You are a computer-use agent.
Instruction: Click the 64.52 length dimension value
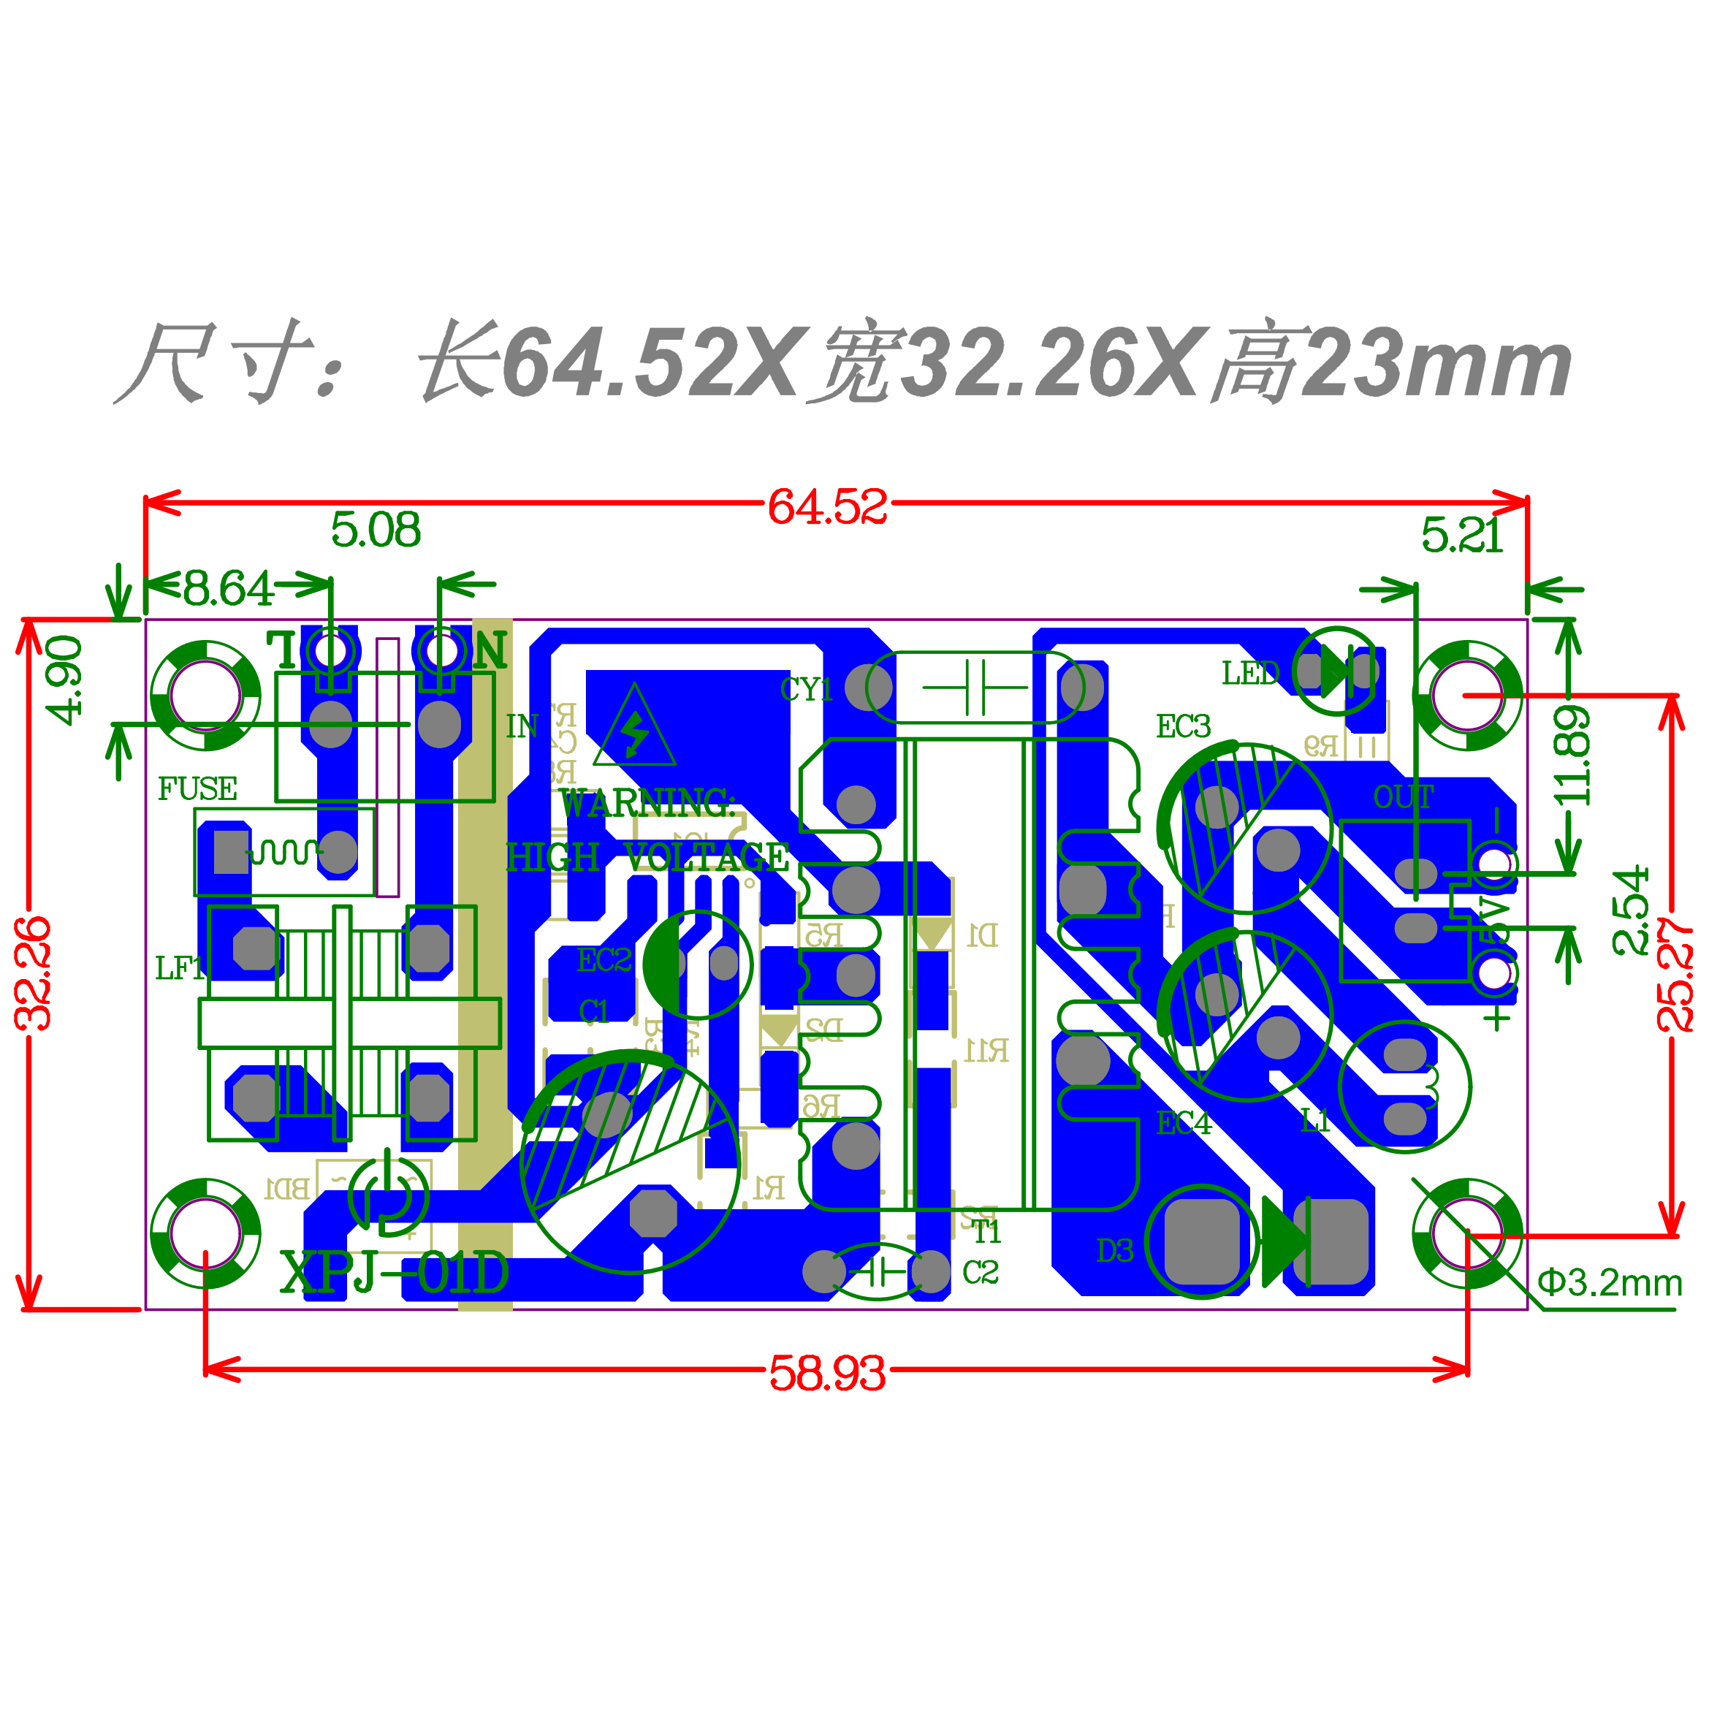826,508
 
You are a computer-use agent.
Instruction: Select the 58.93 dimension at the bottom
826,1374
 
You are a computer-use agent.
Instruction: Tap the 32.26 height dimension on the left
34,973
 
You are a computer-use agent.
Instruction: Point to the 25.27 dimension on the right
1675,973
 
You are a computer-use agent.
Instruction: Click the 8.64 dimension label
227,588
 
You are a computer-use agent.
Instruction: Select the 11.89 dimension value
1573,756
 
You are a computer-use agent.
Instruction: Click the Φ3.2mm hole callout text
1609,1282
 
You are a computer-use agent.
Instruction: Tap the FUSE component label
197,789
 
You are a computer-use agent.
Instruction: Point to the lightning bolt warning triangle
634,728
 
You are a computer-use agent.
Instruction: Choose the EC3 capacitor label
1183,727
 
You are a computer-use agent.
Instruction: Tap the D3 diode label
1114,1251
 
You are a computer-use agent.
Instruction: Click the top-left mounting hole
205,696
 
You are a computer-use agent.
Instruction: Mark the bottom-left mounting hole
205,1233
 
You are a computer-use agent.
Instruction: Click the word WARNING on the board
647,804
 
